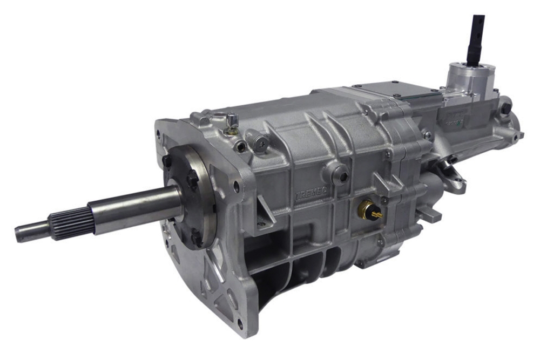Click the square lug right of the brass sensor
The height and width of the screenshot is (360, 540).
pyautogui.click(x=427, y=213)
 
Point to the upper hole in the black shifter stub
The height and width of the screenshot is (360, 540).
pyautogui.click(x=477, y=22)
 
